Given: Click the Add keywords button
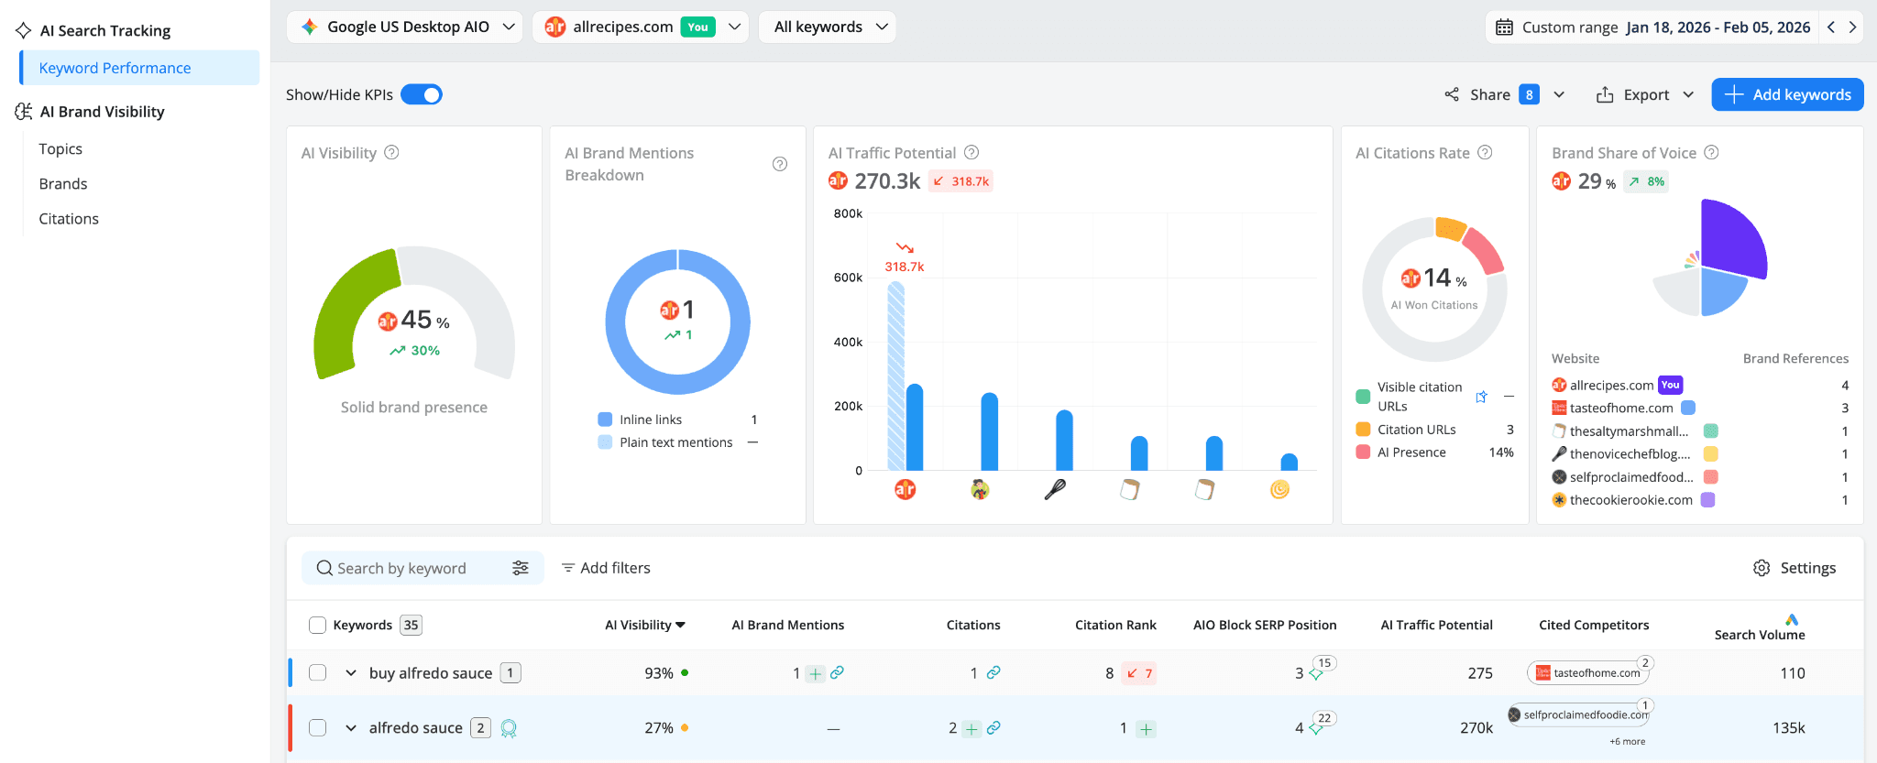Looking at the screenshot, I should pyautogui.click(x=1787, y=94).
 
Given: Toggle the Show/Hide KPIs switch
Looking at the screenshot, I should pyautogui.click(x=422, y=94).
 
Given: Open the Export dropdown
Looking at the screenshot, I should pyautogui.click(x=1645, y=94).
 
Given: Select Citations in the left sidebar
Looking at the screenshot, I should pyautogui.click(x=69, y=219).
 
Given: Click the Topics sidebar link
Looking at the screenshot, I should pyautogui.click(x=60, y=148).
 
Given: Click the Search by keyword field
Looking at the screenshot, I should pyautogui.click(x=412, y=568).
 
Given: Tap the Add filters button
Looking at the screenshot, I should pyautogui.click(x=606, y=568).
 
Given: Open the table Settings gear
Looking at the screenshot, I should pyautogui.click(x=1794, y=568).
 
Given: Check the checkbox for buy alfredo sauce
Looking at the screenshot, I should pyautogui.click(x=318, y=672).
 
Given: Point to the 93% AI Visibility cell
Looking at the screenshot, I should pyautogui.click(x=659, y=673).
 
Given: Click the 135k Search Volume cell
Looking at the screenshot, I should pyautogui.click(x=1788, y=728).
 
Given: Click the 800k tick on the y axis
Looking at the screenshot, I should pyautogui.click(x=848, y=213).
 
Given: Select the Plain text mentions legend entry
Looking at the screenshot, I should pyautogui.click(x=675, y=442).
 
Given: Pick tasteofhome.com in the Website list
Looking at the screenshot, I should pyautogui.click(x=1621, y=408).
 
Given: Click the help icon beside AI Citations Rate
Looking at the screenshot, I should pyautogui.click(x=1485, y=153).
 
